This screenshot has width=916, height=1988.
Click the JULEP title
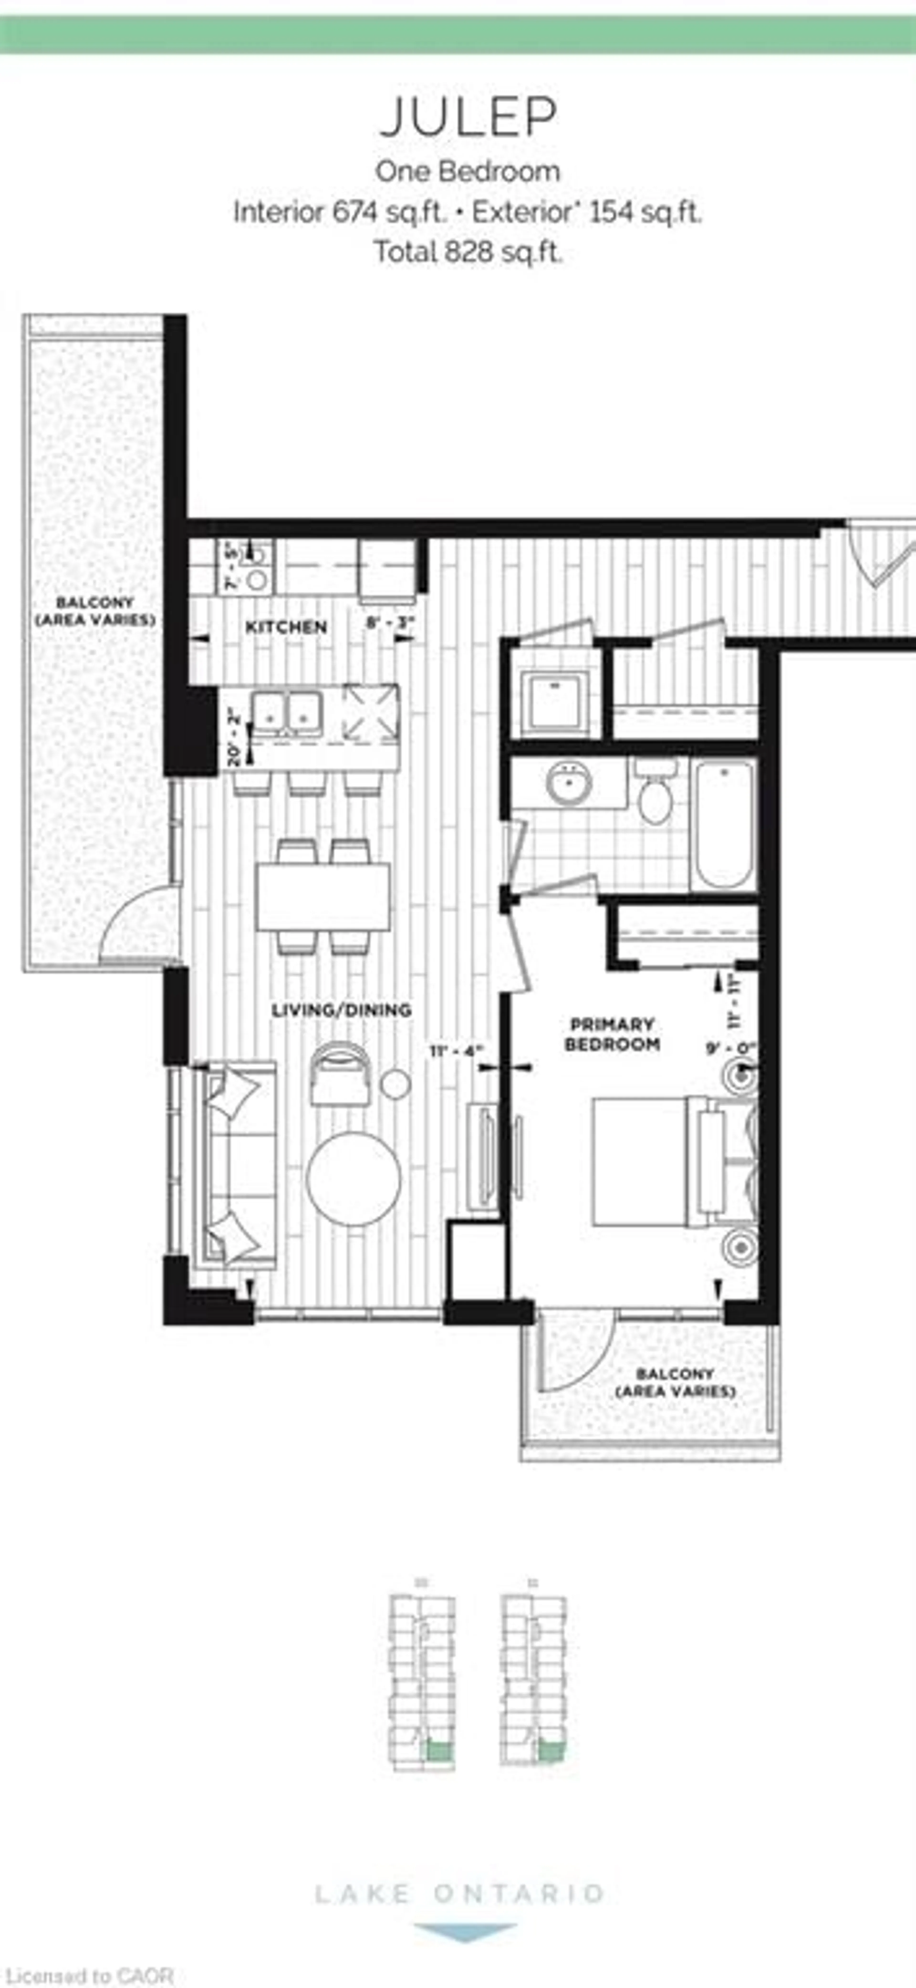pyautogui.click(x=468, y=117)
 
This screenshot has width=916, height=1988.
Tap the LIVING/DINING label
pyautogui.click(x=341, y=1009)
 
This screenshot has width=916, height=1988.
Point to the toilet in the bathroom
pyautogui.click(x=655, y=795)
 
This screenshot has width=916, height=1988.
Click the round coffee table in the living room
pyautogui.click(x=354, y=1178)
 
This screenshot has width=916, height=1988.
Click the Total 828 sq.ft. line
pyautogui.click(x=468, y=252)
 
